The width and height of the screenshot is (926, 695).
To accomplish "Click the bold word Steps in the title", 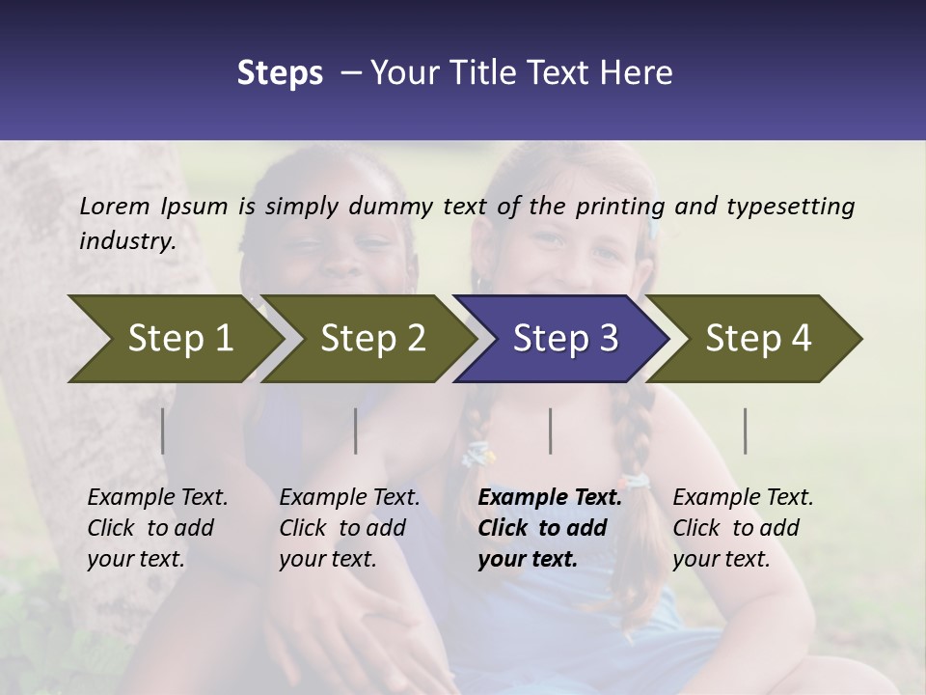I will [x=280, y=73].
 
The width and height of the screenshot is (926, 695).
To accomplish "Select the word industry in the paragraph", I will [x=126, y=240].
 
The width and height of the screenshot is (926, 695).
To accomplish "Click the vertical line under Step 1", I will [x=163, y=431].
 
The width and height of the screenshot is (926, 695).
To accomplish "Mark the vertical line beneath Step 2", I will [x=356, y=431].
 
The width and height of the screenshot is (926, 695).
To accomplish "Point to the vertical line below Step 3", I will [x=551, y=431].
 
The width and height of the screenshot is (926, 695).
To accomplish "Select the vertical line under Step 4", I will [x=746, y=431].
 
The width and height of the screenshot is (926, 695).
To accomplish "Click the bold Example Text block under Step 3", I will [x=550, y=528].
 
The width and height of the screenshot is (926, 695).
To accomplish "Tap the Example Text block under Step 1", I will [x=157, y=528].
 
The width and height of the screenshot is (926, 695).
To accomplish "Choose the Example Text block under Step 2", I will [x=349, y=528].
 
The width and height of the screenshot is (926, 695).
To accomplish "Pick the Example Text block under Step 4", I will [x=743, y=528].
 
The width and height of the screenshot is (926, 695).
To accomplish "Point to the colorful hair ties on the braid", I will [x=478, y=454].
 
